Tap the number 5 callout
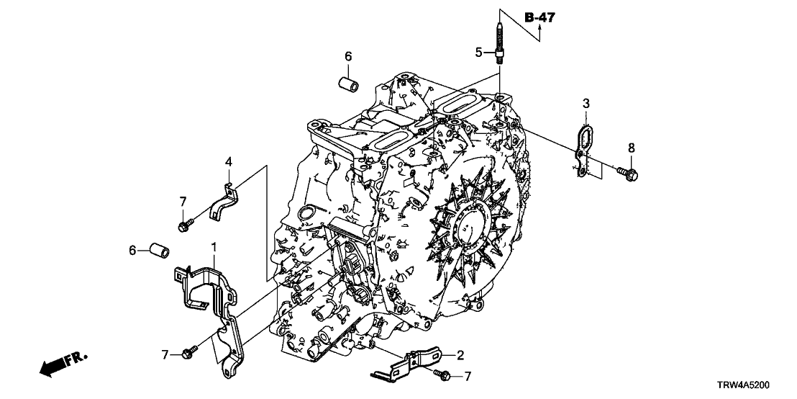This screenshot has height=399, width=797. [x=478, y=51]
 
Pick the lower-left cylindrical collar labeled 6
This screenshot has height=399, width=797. [x=158, y=251]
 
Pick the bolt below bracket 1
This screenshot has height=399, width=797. [x=190, y=352]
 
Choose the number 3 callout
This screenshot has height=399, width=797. [x=586, y=104]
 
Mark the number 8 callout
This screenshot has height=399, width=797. [x=632, y=148]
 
